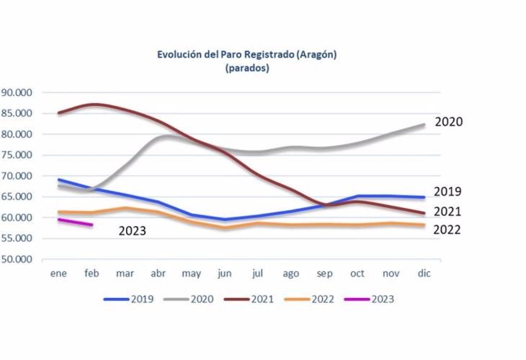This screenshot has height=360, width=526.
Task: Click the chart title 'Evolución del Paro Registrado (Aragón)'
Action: (x=247, y=55)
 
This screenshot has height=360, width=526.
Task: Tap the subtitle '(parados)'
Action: (x=247, y=68)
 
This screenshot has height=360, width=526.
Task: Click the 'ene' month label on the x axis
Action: (x=58, y=274)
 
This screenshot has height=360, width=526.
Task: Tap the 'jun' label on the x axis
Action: (x=224, y=274)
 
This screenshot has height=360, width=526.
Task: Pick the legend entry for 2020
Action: (x=194, y=298)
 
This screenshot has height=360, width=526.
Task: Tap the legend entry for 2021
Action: (x=254, y=298)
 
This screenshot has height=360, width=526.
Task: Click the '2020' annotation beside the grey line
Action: (x=447, y=122)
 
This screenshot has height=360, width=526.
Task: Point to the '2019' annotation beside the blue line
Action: (x=447, y=192)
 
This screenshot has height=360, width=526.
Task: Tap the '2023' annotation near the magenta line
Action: (x=132, y=231)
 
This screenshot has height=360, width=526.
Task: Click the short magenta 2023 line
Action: (x=75, y=222)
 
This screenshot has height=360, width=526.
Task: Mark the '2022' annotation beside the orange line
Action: (x=447, y=230)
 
